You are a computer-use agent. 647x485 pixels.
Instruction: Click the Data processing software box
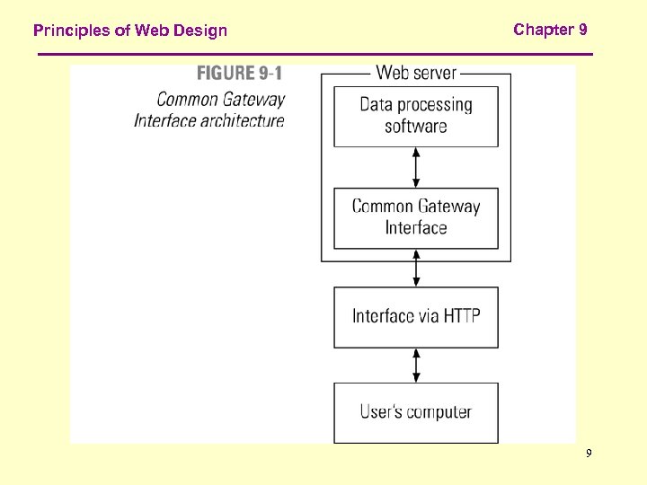click(x=416, y=116)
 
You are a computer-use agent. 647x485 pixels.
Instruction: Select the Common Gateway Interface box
click(x=416, y=217)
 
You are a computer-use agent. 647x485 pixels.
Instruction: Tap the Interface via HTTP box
click(x=416, y=316)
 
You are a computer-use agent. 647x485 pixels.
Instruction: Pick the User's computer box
click(x=416, y=412)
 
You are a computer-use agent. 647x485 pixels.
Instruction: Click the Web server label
click(x=416, y=73)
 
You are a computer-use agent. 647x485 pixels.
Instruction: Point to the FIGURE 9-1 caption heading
click(x=239, y=74)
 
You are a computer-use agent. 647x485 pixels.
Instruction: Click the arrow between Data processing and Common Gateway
click(x=416, y=167)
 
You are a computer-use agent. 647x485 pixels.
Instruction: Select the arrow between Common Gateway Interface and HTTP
click(x=416, y=268)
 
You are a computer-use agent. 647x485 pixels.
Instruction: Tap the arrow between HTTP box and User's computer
click(x=416, y=365)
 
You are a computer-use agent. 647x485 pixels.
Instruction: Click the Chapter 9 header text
click(x=550, y=30)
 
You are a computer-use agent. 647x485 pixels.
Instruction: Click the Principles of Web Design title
click(x=130, y=31)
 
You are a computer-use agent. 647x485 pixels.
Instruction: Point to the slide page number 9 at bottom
click(x=589, y=454)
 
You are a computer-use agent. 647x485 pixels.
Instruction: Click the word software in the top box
click(x=416, y=127)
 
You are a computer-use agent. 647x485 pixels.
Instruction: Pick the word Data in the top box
click(x=376, y=104)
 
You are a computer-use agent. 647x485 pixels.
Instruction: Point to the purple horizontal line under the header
click(x=315, y=55)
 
